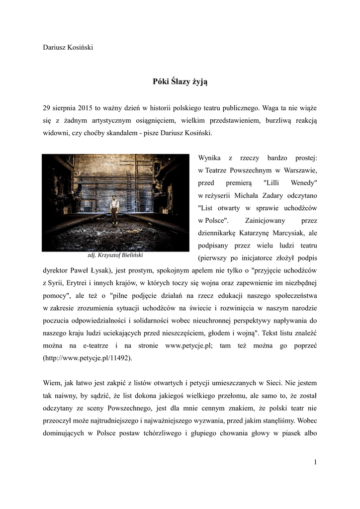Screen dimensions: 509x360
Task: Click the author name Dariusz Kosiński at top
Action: (x=68, y=47)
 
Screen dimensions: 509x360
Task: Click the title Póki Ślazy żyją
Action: (x=180, y=82)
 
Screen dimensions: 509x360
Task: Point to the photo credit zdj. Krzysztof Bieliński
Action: (x=115, y=255)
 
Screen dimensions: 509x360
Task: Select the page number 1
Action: (x=315, y=462)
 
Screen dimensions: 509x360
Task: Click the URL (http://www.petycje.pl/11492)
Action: (x=88, y=358)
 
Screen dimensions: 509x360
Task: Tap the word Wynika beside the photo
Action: (x=209, y=158)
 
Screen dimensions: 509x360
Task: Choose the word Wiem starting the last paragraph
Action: (x=52, y=383)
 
